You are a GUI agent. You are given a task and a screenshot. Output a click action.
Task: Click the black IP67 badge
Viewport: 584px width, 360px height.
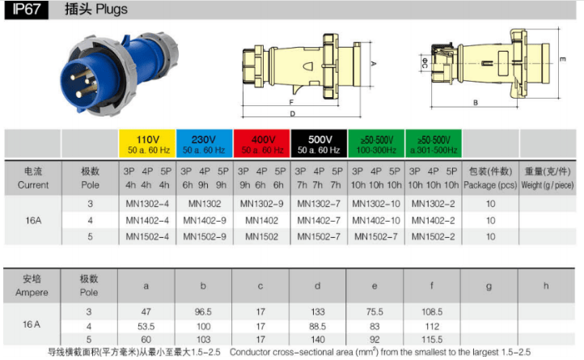(26, 10)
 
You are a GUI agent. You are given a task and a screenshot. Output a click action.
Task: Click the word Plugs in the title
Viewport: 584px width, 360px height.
(112, 10)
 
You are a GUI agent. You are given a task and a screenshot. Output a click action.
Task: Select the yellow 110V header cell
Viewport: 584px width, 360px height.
(147, 144)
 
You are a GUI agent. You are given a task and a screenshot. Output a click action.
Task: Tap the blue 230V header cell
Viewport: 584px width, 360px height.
(205, 144)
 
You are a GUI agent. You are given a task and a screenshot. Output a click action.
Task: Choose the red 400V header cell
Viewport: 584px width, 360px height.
(262, 144)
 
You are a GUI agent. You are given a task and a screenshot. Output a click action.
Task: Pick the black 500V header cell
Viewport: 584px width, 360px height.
(319, 144)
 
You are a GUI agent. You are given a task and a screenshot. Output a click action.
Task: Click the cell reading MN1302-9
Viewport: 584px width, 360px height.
(262, 204)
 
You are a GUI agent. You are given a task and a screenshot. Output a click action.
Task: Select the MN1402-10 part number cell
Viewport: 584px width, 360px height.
(376, 221)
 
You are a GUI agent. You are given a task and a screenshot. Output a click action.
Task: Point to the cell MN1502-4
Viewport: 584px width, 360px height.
(147, 237)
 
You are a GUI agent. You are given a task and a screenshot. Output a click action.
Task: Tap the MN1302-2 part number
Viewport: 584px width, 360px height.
(434, 204)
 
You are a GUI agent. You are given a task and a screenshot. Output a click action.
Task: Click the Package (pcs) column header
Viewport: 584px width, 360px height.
(490, 185)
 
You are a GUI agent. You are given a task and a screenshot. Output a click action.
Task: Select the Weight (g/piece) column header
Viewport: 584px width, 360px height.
(548, 185)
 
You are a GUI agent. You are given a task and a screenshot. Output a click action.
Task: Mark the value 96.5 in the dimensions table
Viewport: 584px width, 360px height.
(203, 311)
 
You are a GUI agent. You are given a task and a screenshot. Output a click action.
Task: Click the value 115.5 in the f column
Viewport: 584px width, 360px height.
(432, 340)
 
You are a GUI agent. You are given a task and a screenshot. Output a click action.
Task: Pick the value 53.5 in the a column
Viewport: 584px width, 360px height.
(146, 327)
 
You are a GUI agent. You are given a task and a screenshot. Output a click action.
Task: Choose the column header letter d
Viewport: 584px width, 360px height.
(317, 286)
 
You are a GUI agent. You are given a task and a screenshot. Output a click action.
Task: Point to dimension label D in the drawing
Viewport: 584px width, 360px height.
(292, 114)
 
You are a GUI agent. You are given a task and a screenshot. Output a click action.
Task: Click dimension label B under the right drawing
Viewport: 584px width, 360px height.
(476, 103)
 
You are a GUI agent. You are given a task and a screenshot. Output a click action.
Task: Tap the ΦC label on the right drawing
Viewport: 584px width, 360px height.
(425, 61)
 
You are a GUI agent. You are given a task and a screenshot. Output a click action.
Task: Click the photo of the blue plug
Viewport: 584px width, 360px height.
(119, 74)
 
